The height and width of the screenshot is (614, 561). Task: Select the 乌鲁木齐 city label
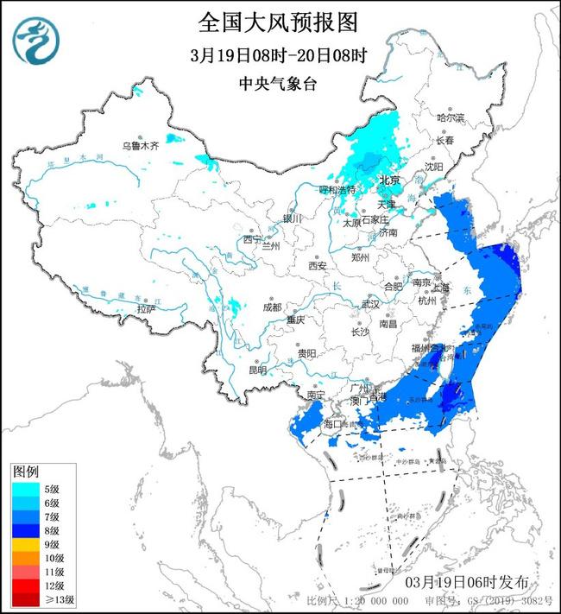(140, 146)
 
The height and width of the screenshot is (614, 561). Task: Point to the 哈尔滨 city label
(450, 117)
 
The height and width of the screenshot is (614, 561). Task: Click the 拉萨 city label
(146, 308)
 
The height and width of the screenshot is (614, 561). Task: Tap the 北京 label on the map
(390, 180)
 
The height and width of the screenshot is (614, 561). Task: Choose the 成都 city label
(272, 307)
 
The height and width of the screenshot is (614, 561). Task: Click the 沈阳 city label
(433, 166)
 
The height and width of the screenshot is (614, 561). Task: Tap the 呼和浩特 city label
(337, 189)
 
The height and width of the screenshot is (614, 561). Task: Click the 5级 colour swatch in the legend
(23, 488)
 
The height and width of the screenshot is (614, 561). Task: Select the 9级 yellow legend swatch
(23, 545)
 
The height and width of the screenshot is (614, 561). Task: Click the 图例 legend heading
(26, 472)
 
